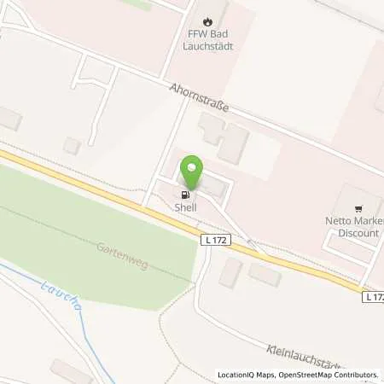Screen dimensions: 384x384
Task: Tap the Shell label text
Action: click(186, 207)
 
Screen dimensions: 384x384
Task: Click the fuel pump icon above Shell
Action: click(186, 193)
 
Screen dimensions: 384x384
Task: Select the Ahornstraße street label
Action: click(203, 101)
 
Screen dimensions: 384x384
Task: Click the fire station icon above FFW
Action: click(207, 20)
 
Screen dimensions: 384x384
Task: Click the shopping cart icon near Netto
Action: click(359, 207)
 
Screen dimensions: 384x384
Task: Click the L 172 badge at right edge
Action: click(373, 297)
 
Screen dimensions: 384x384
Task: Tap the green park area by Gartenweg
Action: click(94, 222)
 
